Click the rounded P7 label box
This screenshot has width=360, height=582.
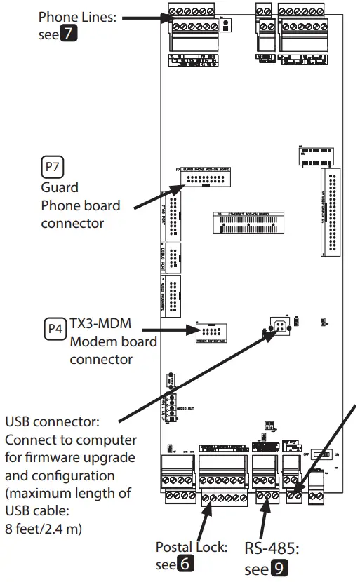(x=53, y=168)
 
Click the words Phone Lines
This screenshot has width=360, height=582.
(x=77, y=16)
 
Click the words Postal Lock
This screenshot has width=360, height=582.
(x=191, y=546)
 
